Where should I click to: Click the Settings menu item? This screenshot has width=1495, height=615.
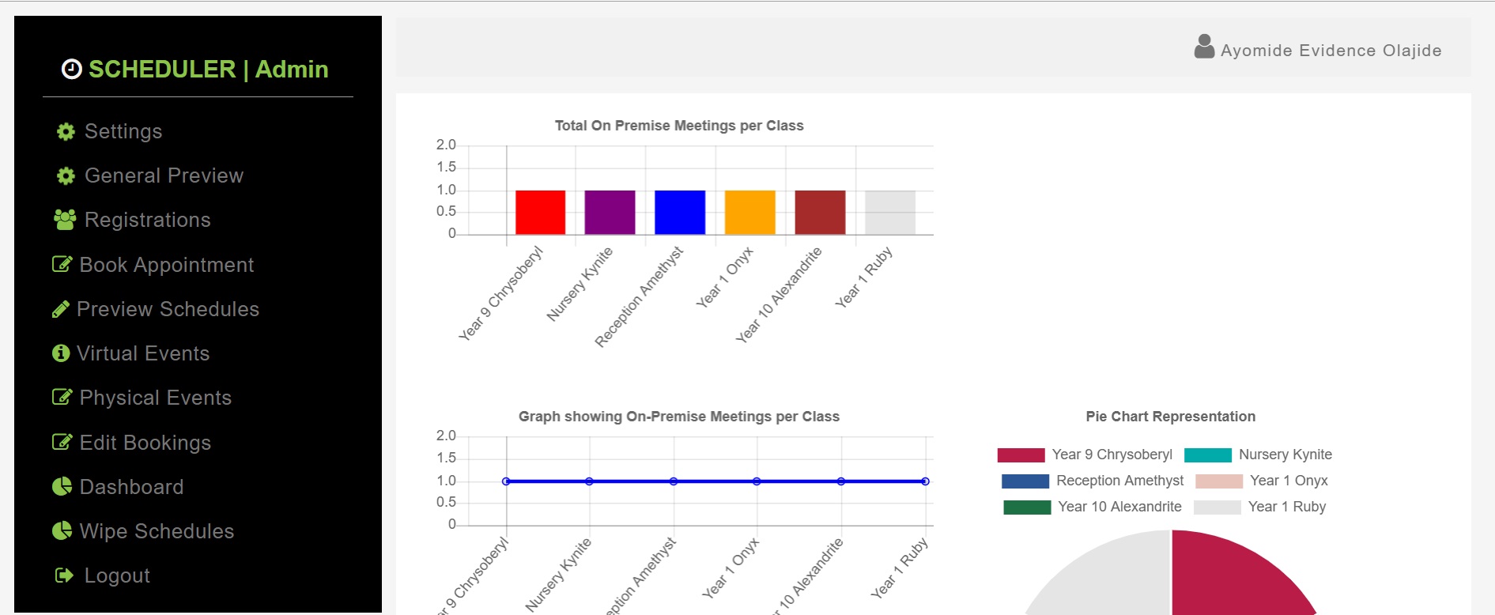pyautogui.click(x=109, y=131)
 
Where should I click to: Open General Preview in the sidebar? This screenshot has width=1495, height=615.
pyautogui.click(x=149, y=175)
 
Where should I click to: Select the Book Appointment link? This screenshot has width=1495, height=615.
pyautogui.click(x=153, y=265)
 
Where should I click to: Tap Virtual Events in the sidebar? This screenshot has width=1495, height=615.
pyautogui.click(x=131, y=353)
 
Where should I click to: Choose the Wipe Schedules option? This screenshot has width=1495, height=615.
pyautogui.click(x=143, y=531)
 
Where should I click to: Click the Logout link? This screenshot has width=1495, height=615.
pyautogui.click(x=103, y=575)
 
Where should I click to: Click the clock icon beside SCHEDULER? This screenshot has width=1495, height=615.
pyautogui.click(x=72, y=70)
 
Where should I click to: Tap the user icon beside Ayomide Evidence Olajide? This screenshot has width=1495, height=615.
pyautogui.click(x=1204, y=47)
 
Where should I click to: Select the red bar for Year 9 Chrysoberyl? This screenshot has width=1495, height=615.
pyautogui.click(x=540, y=213)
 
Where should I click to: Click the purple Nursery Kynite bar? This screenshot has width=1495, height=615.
pyautogui.click(x=610, y=213)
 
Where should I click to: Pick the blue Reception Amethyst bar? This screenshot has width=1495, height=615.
pyautogui.click(x=680, y=213)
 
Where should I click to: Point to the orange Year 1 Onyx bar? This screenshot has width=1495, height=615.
pyautogui.click(x=750, y=213)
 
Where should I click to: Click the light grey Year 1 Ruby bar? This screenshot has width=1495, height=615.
pyautogui.click(x=890, y=213)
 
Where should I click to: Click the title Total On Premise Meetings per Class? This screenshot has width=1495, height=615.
pyautogui.click(x=679, y=126)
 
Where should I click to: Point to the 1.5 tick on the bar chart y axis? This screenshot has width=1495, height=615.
pyautogui.click(x=446, y=167)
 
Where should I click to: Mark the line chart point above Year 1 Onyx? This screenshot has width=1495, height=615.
pyautogui.click(x=757, y=481)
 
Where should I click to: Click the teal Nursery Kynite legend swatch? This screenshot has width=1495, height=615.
pyautogui.click(x=1208, y=455)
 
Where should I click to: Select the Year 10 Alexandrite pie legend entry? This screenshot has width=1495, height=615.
pyautogui.click(x=1093, y=507)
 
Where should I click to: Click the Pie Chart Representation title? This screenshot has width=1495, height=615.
pyautogui.click(x=1170, y=417)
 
